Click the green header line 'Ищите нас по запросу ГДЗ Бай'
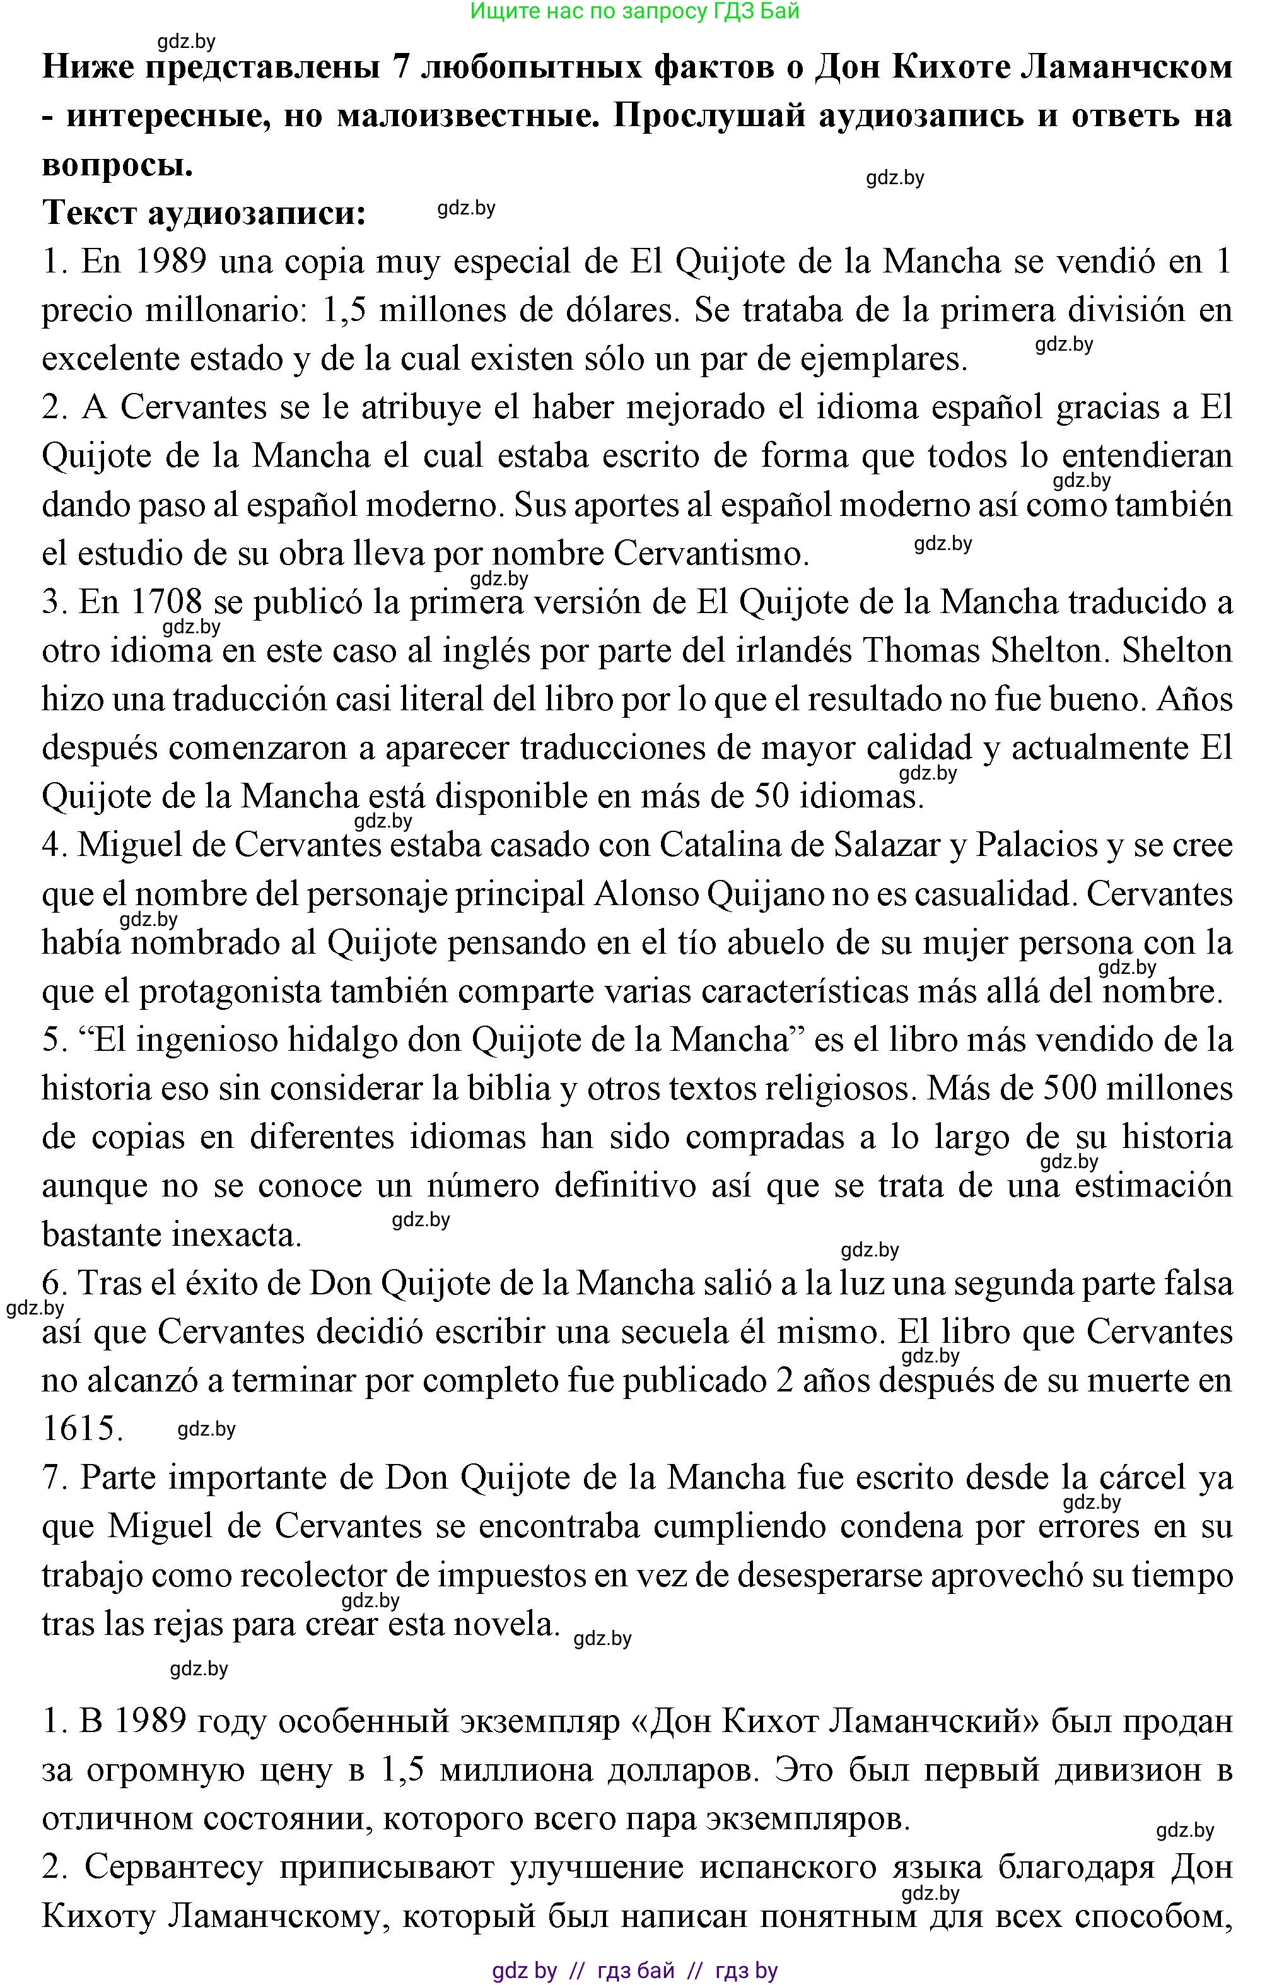634,11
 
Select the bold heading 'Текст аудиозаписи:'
204,213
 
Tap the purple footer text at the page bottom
634,1970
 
